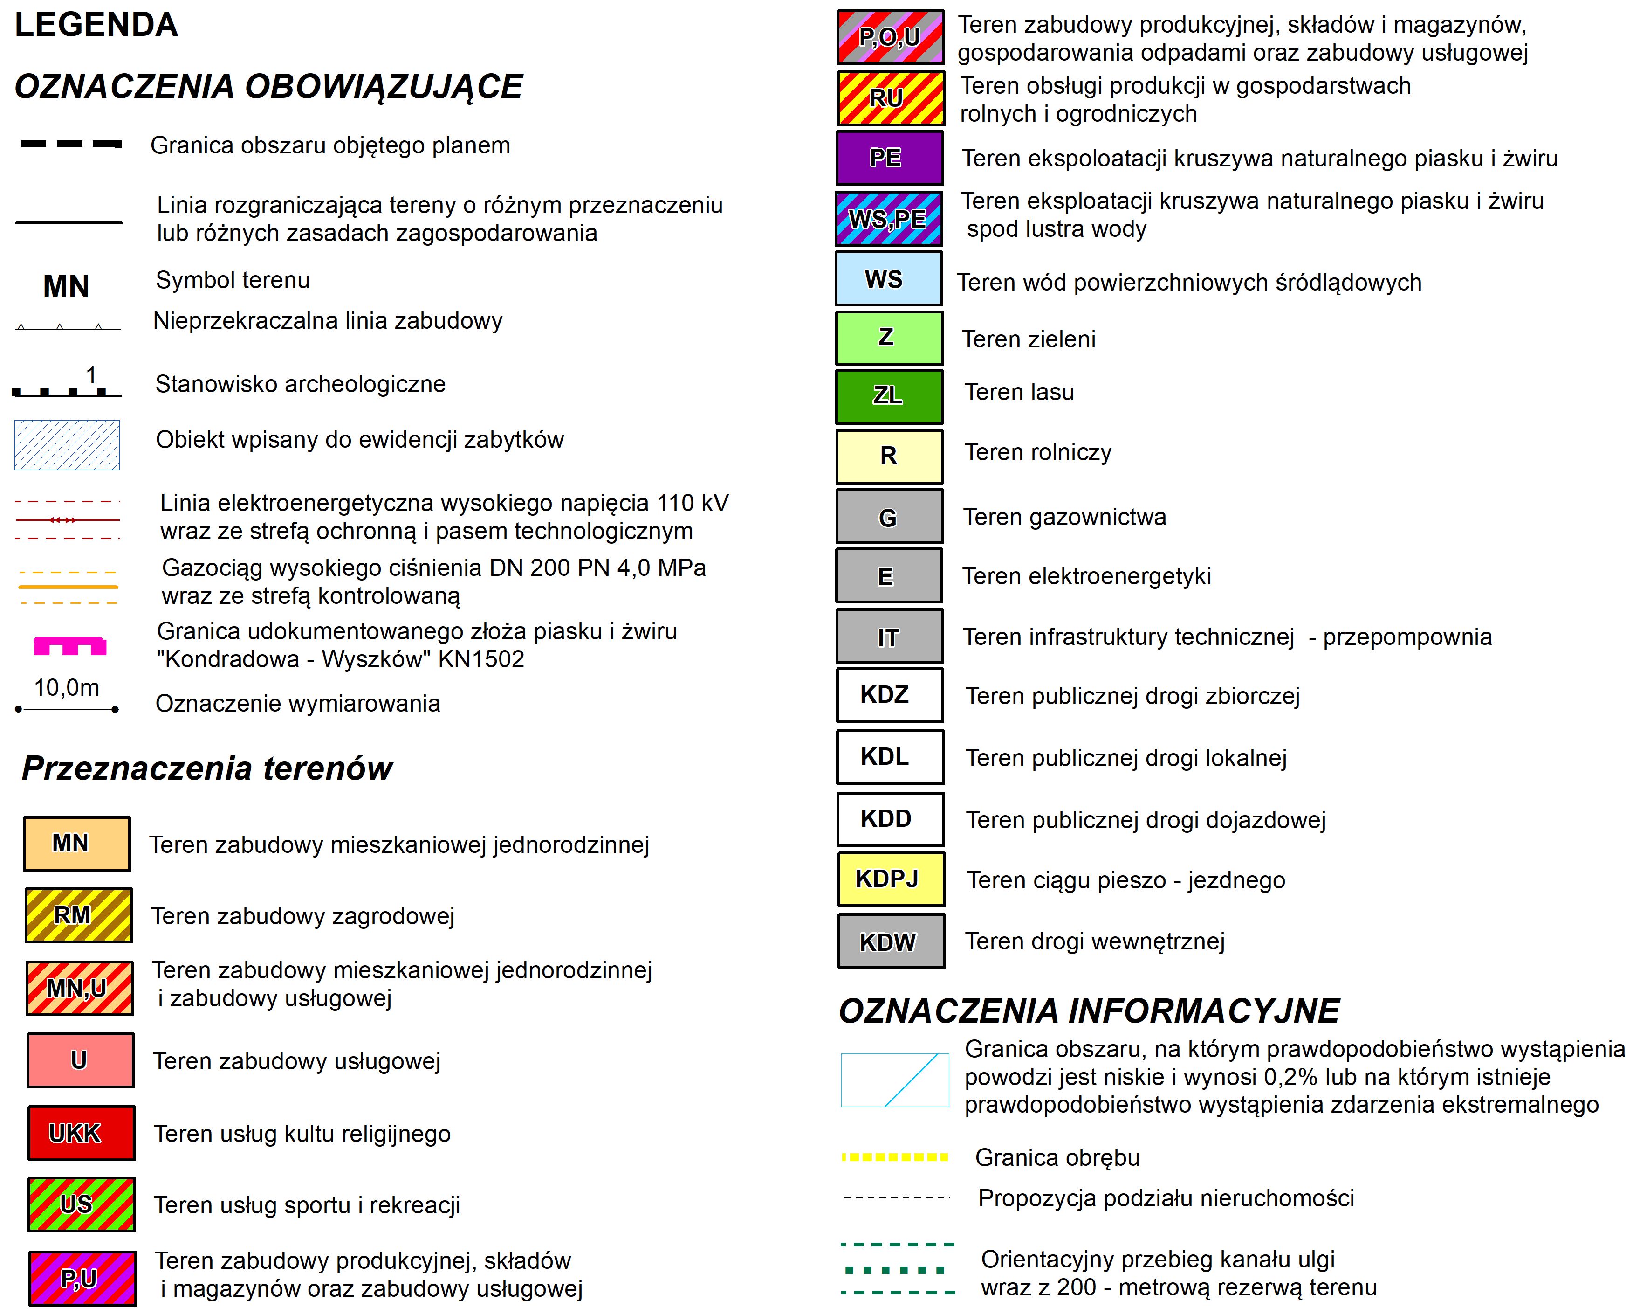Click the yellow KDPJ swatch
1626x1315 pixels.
(890, 879)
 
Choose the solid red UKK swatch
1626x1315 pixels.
(81, 1133)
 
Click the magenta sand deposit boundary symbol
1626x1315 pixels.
(69, 645)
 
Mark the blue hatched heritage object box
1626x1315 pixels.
(67, 445)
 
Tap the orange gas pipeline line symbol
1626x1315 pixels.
(68, 587)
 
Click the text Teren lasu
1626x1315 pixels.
(1018, 392)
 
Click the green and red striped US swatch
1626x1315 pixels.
(81, 1204)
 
